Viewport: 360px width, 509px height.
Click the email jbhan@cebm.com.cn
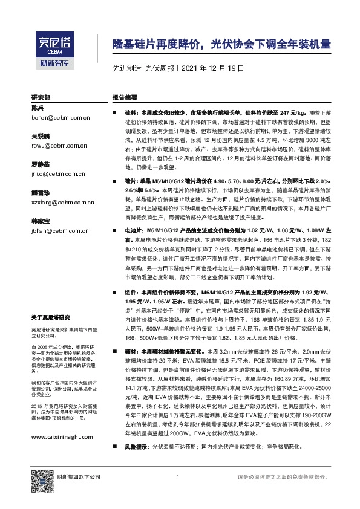coord(54,230)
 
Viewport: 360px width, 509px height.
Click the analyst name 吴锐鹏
coord(40,137)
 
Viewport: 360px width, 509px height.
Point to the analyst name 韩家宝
coord(40,222)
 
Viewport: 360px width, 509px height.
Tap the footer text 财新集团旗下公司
coord(78,478)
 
